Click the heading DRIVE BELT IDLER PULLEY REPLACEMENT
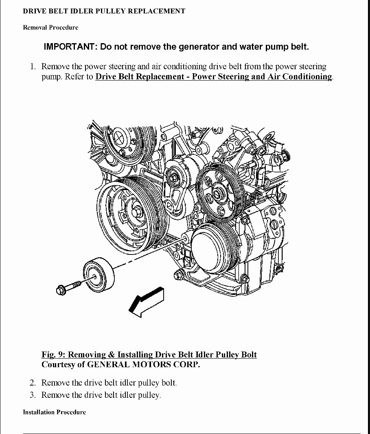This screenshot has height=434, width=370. coord(104,11)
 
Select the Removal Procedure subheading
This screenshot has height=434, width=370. coord(50,28)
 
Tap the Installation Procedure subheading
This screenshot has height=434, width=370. coord(54,412)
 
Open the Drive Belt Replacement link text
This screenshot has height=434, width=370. coord(214,77)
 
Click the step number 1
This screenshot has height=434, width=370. coord(33,66)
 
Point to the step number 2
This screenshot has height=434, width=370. coord(33,383)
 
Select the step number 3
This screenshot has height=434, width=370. coord(33,395)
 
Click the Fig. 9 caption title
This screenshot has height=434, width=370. coord(149,355)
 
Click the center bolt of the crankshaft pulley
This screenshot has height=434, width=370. coord(137,211)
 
